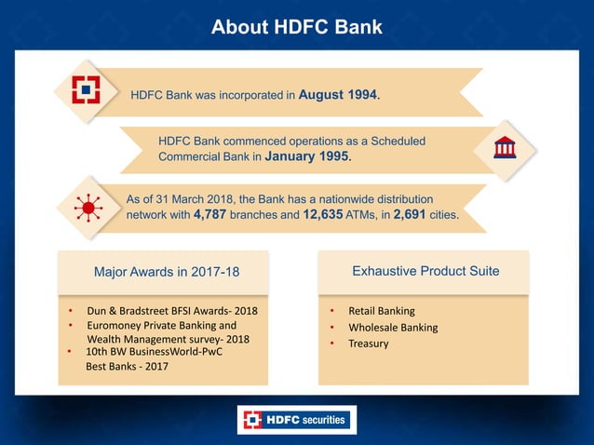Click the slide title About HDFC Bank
click(296, 27)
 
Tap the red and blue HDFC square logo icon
click(88, 90)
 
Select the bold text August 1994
click(338, 94)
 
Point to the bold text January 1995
click(308, 157)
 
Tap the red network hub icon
click(88, 208)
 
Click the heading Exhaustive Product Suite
click(425, 271)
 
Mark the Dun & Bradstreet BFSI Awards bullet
click(171, 310)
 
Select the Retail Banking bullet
click(382, 310)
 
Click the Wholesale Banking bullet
click(393, 327)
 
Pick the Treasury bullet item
click(369, 344)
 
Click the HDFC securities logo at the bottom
click(296, 420)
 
